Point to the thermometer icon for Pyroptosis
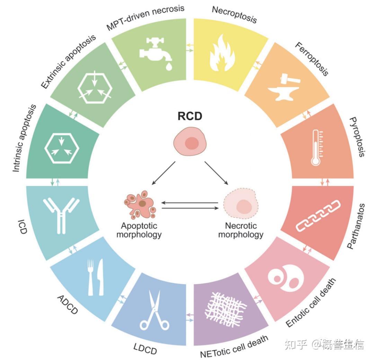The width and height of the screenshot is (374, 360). tap(316, 147)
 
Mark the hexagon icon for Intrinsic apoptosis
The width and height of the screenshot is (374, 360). tap(62, 147)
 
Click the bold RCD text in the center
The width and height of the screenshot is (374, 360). tap(190, 116)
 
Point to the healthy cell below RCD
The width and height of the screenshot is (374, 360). tap(190, 143)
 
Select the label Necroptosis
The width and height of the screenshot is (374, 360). tap(234, 14)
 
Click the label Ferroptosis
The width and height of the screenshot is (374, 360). tap(311, 59)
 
